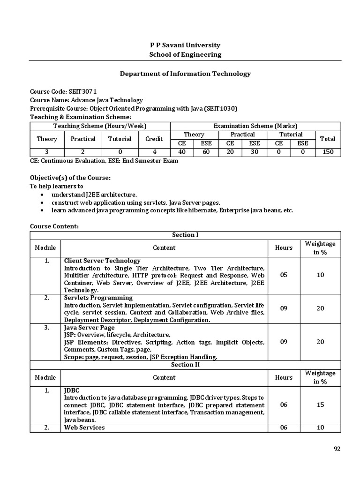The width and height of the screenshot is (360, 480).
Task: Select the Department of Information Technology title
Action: (x=185, y=74)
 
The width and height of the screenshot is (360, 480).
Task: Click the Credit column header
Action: (x=154, y=139)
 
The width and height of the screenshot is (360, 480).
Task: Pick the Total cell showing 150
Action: (x=325, y=152)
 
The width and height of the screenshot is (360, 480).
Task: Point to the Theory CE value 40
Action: (x=181, y=152)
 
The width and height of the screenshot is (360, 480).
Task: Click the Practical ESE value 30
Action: (x=254, y=152)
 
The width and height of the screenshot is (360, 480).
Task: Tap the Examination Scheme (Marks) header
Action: (x=255, y=126)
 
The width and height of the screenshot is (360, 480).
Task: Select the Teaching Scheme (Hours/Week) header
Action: (x=100, y=126)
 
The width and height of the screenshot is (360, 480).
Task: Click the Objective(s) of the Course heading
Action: (x=70, y=178)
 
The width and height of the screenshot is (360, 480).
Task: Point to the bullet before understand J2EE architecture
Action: (x=43, y=195)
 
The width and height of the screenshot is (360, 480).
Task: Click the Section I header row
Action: (x=185, y=235)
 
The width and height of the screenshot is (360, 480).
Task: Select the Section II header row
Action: (x=185, y=365)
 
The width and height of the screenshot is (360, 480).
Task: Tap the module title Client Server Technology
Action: (x=102, y=261)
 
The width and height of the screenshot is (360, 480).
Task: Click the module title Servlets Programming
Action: (x=98, y=298)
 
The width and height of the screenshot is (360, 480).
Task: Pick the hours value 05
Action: (x=284, y=275)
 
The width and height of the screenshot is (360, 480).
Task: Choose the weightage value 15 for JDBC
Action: (x=321, y=405)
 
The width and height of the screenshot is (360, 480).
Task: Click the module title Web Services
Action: (x=84, y=427)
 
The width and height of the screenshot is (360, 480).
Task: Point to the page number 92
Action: (x=337, y=449)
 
